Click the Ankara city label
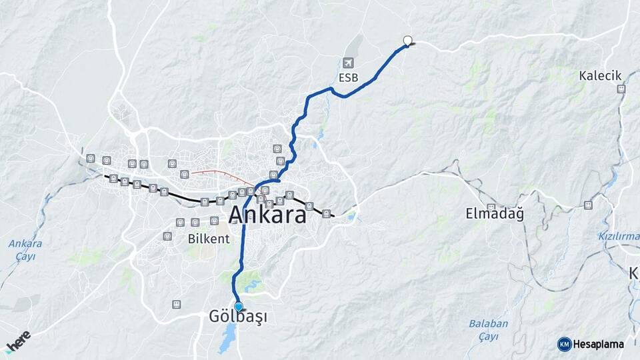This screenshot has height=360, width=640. (267, 215)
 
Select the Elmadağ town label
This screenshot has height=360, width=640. (495, 215)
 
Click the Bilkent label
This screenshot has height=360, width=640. (208, 238)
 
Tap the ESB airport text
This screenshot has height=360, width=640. (348, 77)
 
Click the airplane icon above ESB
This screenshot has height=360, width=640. (347, 63)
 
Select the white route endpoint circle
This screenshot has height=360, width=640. (407, 40)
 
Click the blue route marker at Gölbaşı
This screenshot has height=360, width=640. (238, 307)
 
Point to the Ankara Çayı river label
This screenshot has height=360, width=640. (25, 249)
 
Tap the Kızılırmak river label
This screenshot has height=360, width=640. (619, 236)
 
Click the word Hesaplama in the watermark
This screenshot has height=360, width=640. (599, 344)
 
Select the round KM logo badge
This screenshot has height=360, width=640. (564, 344)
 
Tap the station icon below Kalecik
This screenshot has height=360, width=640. (621, 89)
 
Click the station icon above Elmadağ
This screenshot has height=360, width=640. (491, 207)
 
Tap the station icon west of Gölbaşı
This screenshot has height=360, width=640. (176, 304)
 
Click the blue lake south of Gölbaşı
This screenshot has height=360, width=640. (227, 342)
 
